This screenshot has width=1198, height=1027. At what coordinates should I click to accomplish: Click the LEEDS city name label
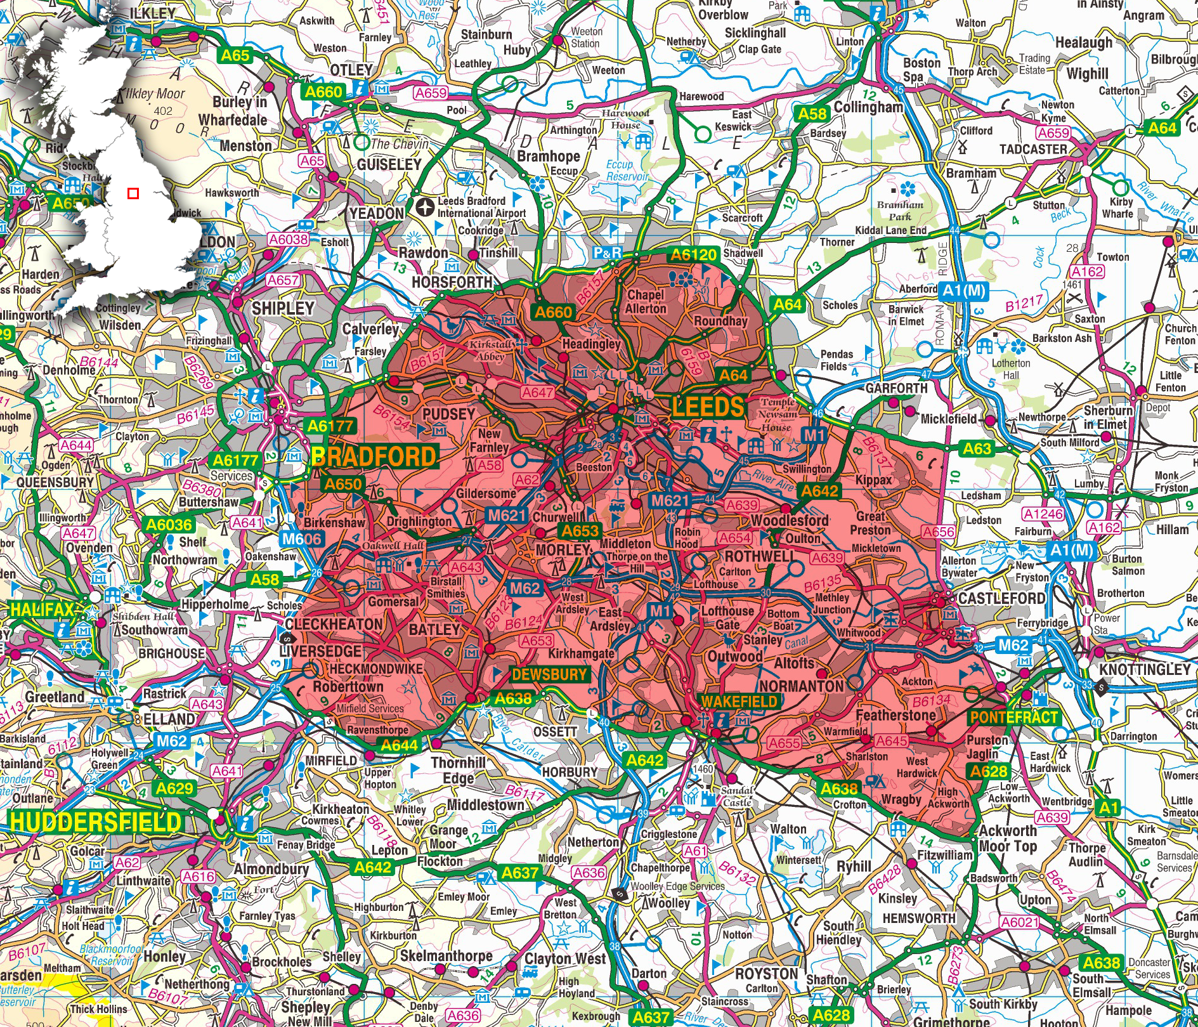[707, 407]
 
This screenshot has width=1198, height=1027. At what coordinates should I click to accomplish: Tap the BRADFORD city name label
[374, 457]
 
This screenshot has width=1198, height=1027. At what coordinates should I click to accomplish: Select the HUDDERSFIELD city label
[95, 822]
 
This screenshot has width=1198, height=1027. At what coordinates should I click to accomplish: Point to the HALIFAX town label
[42, 610]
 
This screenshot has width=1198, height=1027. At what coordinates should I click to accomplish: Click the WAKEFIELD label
[739, 702]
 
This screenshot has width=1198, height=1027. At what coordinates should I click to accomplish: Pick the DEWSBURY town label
[550, 674]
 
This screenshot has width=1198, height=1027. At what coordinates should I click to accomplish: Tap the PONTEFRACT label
[1013, 717]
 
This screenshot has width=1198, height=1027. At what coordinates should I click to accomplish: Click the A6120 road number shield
[694, 255]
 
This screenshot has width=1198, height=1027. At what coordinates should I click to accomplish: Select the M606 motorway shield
[302, 539]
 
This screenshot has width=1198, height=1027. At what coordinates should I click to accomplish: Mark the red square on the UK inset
[133, 193]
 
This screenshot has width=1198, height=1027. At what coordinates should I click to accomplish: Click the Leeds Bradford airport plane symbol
[426, 206]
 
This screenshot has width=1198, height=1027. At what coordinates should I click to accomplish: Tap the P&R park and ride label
[607, 254]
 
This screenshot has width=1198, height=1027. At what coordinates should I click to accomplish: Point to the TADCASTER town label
[1033, 150]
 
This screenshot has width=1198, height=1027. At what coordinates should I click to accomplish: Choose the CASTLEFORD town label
[1001, 598]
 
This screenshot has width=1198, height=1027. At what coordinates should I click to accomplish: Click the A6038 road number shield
[289, 239]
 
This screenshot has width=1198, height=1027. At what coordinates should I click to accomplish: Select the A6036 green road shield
[169, 525]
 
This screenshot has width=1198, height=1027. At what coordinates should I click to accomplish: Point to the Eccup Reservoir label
[627, 171]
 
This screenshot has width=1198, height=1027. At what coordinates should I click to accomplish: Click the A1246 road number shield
[1043, 514]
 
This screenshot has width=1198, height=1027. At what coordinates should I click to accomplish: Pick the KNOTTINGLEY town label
[1145, 670]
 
